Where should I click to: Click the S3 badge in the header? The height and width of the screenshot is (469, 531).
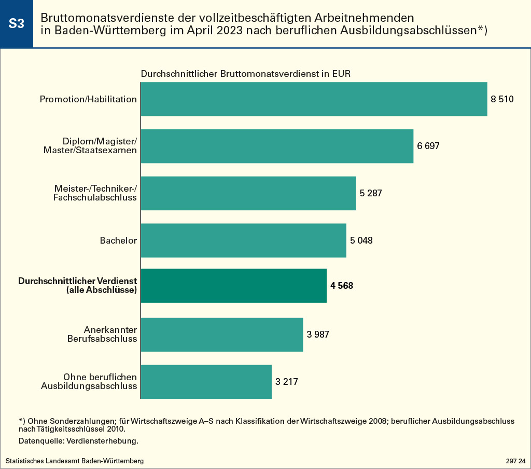(17, 24)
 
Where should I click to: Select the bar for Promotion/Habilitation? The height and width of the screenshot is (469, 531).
(314, 99)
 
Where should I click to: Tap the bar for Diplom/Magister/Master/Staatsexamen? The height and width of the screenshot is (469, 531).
(277, 146)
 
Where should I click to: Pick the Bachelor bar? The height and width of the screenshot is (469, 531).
(243, 240)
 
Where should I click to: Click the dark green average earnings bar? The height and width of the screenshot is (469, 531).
(233, 286)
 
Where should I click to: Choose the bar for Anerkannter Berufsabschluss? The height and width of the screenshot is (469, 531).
(221, 334)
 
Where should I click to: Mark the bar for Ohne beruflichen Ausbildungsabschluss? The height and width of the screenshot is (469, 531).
(206, 382)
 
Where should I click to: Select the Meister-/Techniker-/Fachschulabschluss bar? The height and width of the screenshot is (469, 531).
(248, 193)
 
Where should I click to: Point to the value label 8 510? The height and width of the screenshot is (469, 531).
(502, 99)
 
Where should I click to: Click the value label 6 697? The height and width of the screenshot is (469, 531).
(428, 146)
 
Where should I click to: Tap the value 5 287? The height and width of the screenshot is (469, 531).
(371, 193)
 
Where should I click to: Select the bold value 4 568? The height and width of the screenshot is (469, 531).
(341, 286)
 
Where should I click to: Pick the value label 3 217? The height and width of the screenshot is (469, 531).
(287, 382)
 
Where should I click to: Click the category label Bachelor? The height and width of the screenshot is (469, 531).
(118, 240)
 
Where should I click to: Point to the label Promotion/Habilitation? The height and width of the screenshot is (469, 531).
(88, 99)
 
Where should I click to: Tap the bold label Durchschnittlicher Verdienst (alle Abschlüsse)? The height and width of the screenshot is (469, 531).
(78, 286)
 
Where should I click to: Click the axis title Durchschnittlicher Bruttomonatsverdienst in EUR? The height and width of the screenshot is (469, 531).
(246, 74)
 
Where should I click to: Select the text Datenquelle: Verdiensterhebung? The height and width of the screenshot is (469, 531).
(78, 441)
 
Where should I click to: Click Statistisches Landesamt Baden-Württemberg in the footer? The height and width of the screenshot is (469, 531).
(75, 461)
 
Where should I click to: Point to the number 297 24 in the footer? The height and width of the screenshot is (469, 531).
(515, 461)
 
